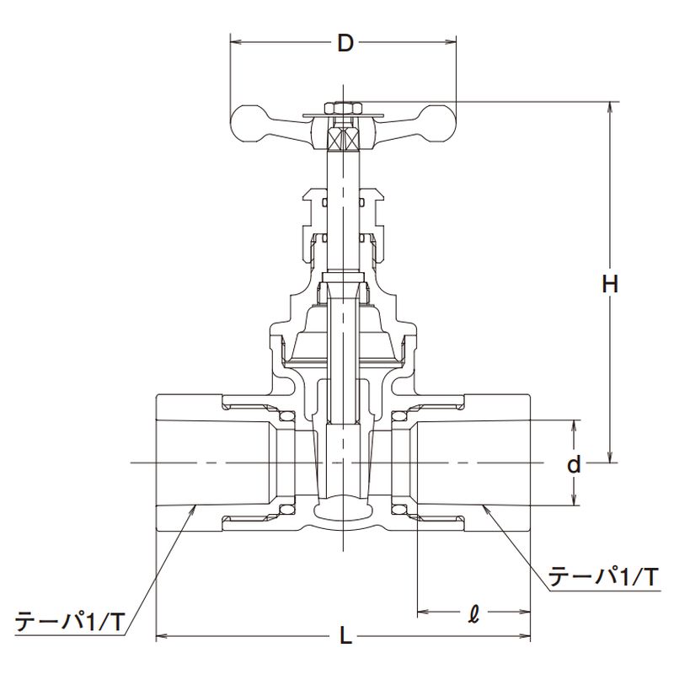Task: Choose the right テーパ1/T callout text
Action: tap(602, 577)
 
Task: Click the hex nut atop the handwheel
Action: tap(344, 107)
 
